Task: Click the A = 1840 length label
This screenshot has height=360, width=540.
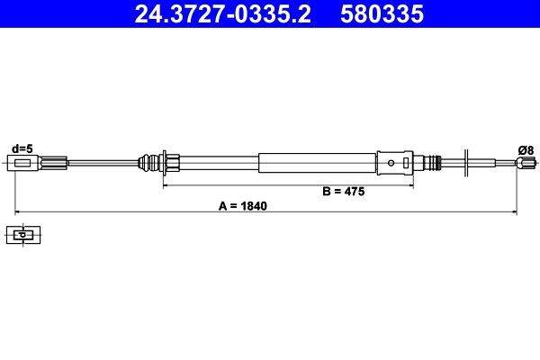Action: click(244, 205)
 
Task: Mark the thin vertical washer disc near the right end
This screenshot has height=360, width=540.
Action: click(465, 163)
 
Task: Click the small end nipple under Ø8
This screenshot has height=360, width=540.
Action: click(521, 163)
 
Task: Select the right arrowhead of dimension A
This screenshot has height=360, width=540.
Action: click(515, 212)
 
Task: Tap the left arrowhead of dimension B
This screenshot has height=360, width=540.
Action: click(166, 184)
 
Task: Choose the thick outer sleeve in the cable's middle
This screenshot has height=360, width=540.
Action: click(315, 163)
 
